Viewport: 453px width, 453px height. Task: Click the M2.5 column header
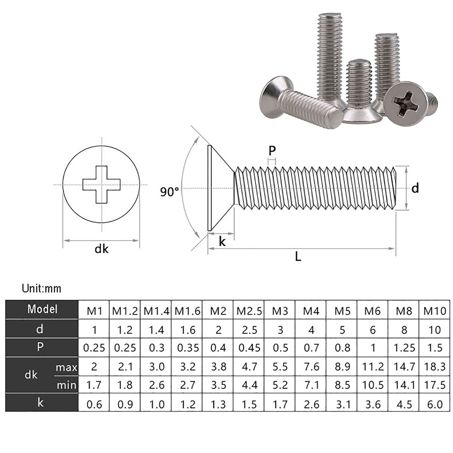pyautogui.click(x=249, y=311)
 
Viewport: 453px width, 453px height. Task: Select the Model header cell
pyautogui.click(x=42, y=310)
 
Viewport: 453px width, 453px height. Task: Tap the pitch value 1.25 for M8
pyautogui.click(x=404, y=348)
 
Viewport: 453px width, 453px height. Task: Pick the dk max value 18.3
pyautogui.click(x=435, y=367)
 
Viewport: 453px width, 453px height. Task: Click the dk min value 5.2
pyautogui.click(x=280, y=386)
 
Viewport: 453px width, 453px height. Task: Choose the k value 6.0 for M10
pyautogui.click(x=435, y=404)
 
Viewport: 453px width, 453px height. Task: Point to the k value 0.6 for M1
pyautogui.click(x=94, y=404)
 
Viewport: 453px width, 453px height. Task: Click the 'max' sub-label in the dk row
pyautogui.click(x=66, y=367)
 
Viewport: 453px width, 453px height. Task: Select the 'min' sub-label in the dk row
pyautogui.click(x=66, y=385)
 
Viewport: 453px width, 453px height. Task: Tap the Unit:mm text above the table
pyautogui.click(x=42, y=288)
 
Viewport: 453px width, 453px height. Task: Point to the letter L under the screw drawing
pyautogui.click(x=298, y=257)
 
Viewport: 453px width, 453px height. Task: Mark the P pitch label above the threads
pyautogui.click(x=272, y=151)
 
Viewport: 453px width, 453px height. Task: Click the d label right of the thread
pyautogui.click(x=415, y=188)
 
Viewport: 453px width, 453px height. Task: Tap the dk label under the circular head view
pyautogui.click(x=101, y=249)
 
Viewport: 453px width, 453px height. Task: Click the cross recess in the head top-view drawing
pyautogui.click(x=101, y=185)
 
